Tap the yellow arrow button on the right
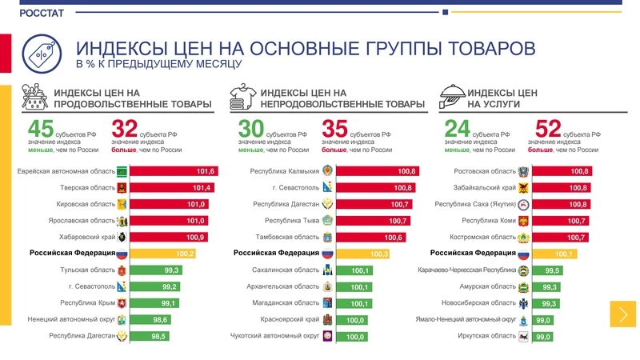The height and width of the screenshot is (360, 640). [x=622, y=314]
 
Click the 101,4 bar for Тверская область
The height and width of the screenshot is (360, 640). [x=174, y=188]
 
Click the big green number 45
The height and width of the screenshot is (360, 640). [x=40, y=129]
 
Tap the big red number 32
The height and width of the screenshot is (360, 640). [x=124, y=129]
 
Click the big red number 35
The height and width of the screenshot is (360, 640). [x=334, y=129]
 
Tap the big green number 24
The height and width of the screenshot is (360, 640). [x=456, y=129]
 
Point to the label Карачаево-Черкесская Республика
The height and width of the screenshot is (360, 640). [x=466, y=270]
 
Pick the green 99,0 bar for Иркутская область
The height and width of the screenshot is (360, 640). [x=543, y=337]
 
